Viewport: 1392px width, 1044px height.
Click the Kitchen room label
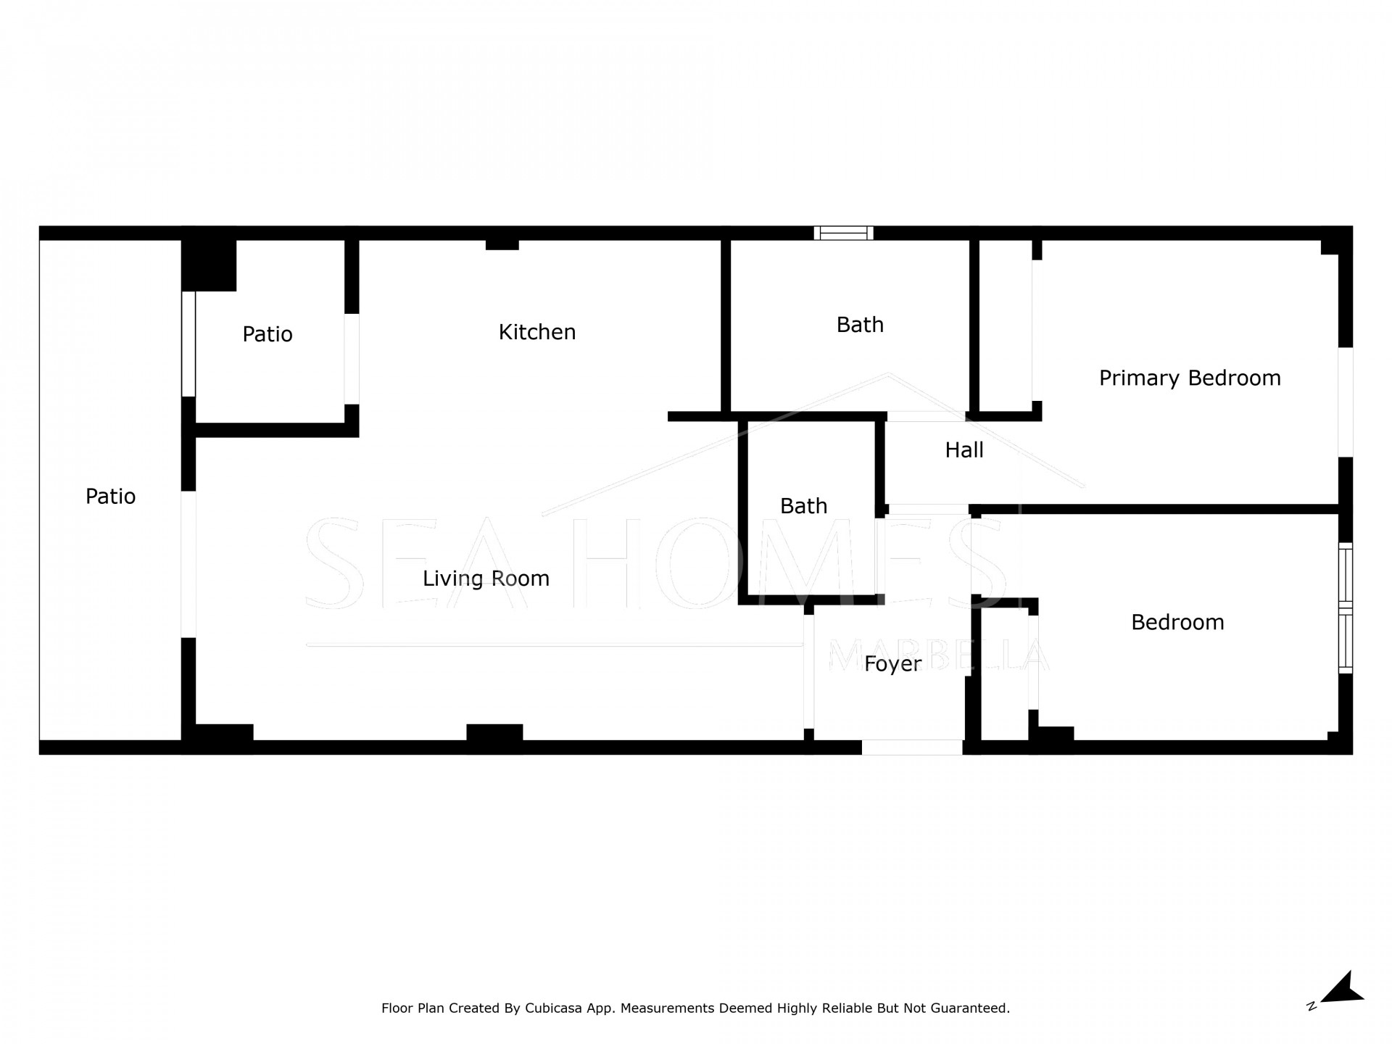pos(537,332)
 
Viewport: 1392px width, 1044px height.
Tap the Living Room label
pos(486,579)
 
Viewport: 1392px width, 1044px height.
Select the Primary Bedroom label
pos(1190,378)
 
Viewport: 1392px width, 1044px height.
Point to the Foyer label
pos(892,664)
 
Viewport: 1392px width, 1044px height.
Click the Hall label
pos(964,450)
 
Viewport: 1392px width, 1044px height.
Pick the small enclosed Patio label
pos(268,334)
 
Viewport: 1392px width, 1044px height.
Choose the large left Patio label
pos(110,497)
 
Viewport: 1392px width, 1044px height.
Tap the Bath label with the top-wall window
pos(860,325)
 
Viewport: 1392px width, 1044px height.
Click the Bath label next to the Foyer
pos(803,506)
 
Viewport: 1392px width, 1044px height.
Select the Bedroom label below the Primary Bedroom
pos(1177,622)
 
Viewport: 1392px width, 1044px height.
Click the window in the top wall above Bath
pos(843,233)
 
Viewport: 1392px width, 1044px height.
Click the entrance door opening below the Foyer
pos(912,747)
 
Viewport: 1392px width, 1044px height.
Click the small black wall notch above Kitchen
pos(502,245)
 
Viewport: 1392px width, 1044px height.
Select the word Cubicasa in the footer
pos(554,1008)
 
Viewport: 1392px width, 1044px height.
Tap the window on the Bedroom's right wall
pos(1346,608)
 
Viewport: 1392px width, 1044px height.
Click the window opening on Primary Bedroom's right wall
pos(1346,402)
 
